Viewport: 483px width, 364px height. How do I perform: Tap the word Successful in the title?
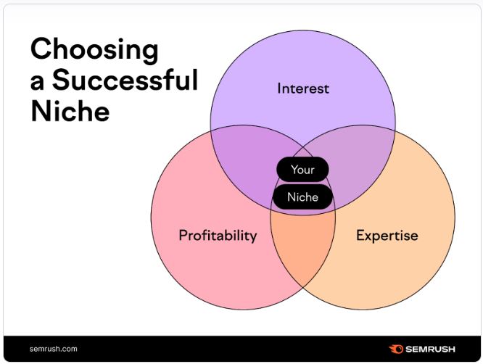(125, 80)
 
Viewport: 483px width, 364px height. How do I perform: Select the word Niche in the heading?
(70, 110)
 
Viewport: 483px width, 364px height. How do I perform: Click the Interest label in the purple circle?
(303, 88)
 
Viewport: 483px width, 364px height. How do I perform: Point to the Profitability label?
(218, 236)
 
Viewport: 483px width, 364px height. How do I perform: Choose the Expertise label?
(387, 236)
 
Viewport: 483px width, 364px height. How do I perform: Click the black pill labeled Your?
(302, 170)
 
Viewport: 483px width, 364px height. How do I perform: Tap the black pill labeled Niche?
(303, 197)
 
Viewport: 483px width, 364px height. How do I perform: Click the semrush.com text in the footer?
(53, 349)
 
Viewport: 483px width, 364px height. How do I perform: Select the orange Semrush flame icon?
(396, 349)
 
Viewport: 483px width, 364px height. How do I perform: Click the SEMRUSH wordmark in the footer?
(430, 349)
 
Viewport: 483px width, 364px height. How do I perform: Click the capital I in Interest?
(278, 88)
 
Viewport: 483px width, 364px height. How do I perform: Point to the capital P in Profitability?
(183, 236)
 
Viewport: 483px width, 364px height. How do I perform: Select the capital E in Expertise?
(360, 236)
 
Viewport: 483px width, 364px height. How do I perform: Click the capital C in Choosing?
(41, 49)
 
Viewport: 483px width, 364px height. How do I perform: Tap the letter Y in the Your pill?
(294, 170)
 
